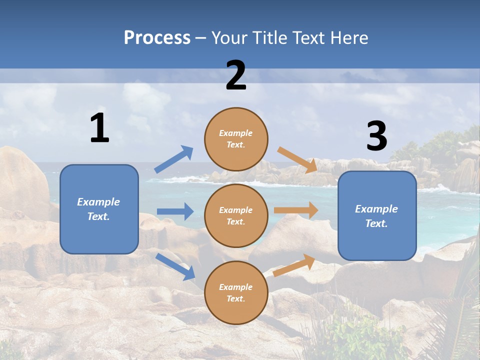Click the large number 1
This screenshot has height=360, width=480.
pyautogui.click(x=99, y=128)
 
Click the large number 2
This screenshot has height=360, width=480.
pyautogui.click(x=236, y=75)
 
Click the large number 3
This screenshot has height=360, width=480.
pyautogui.click(x=376, y=136)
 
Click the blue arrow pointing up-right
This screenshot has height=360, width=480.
pyautogui.click(x=174, y=159)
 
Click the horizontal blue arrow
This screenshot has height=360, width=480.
pyautogui.click(x=175, y=211)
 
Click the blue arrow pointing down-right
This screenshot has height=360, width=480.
pyautogui.click(x=175, y=266)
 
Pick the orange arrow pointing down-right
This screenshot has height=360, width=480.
pyautogui.click(x=298, y=159)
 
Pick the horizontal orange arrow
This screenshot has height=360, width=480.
pyautogui.click(x=296, y=210)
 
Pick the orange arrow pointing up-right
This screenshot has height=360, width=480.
pyautogui.click(x=294, y=265)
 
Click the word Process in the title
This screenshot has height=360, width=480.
pyautogui.click(x=157, y=37)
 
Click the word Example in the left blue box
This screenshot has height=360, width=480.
pyautogui.click(x=98, y=202)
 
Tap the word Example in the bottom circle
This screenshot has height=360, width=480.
pyautogui.click(x=236, y=287)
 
